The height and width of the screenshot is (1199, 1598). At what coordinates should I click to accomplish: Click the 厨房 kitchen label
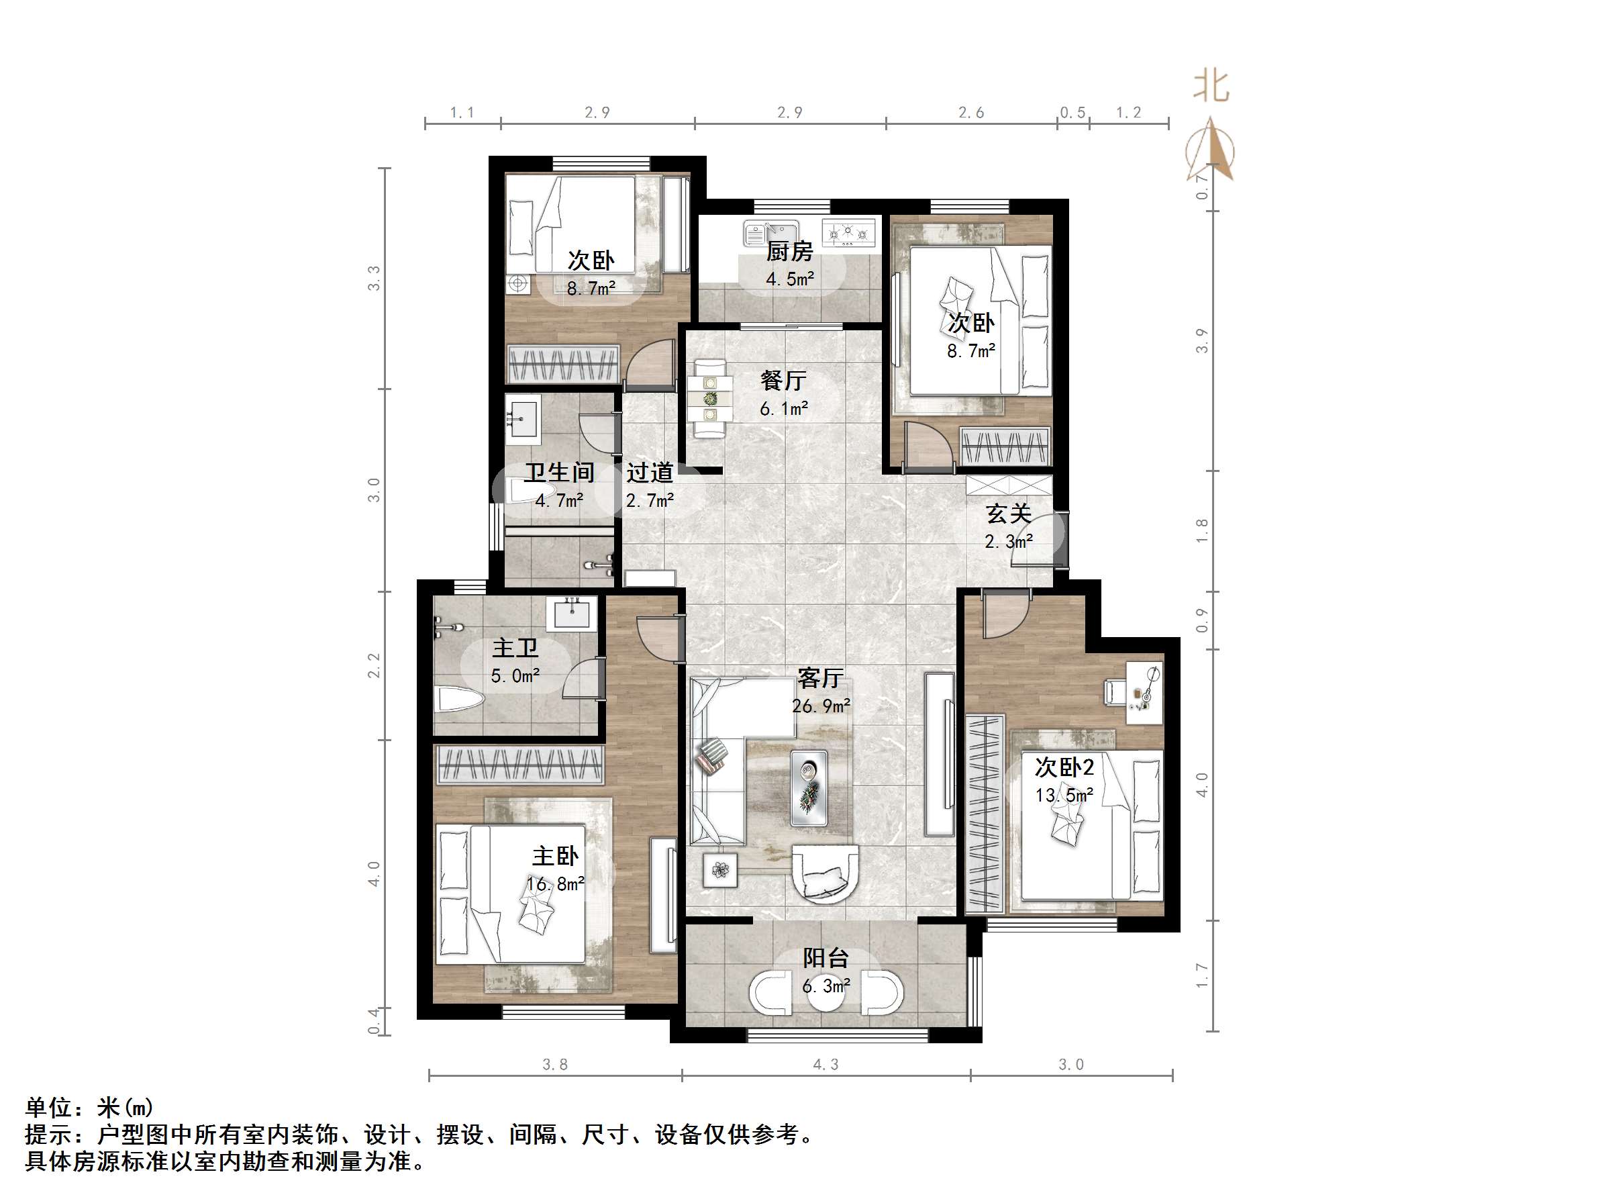point(790,252)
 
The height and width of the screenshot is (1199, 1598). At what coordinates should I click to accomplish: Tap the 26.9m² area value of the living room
point(821,706)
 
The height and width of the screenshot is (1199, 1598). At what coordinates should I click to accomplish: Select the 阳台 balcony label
point(826,959)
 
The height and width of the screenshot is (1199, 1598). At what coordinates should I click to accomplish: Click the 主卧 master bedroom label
point(555,857)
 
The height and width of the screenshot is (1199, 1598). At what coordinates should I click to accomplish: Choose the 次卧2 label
point(1064,767)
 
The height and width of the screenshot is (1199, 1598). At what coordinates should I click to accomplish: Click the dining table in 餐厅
point(710,397)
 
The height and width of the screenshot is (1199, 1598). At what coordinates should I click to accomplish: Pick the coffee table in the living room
point(808,787)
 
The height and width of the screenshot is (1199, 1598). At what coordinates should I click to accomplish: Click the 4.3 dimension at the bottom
point(826,1065)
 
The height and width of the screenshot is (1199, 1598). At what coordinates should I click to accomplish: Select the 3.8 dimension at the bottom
point(555,1065)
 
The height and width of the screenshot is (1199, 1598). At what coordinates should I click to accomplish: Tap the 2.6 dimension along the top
point(971,113)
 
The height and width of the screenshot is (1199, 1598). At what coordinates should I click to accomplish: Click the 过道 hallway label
point(650,473)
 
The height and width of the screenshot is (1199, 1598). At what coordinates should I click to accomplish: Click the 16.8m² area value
point(555,884)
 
